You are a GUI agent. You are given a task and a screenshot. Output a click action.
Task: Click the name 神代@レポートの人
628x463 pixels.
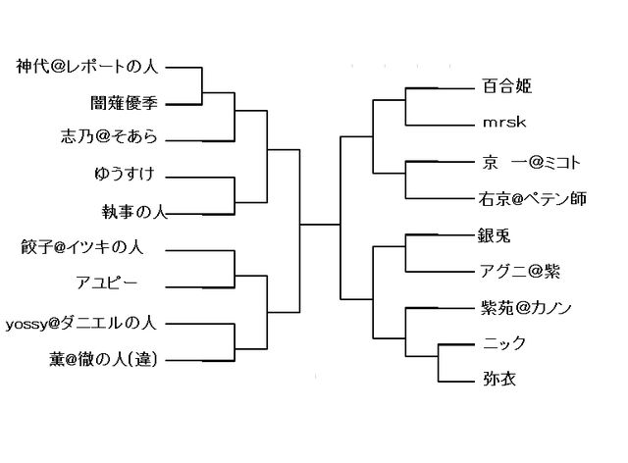click(87, 67)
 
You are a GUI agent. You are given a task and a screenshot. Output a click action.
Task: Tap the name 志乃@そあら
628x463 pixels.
click(108, 137)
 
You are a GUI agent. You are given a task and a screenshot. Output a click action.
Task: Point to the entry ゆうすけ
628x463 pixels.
click(123, 174)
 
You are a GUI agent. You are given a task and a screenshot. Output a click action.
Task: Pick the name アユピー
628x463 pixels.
click(106, 283)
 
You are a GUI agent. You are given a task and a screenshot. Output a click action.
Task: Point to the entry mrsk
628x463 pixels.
click(502, 125)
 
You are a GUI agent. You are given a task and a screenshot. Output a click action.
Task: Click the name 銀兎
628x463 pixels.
click(497, 235)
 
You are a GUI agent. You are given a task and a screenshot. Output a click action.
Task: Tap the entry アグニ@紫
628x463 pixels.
click(521, 272)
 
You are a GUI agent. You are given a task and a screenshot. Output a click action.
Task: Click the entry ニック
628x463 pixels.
click(505, 344)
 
